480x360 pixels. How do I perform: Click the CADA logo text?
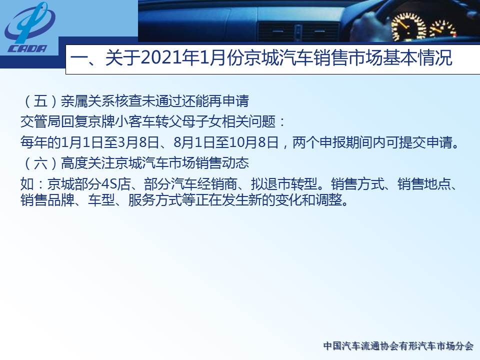click(27, 48)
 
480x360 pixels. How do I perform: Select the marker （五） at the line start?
click(40, 101)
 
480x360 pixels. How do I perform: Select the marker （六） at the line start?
click(40, 163)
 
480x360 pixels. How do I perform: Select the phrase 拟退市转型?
click(284, 183)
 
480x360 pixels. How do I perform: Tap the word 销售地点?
click(423, 183)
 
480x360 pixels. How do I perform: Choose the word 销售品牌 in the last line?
click(47, 200)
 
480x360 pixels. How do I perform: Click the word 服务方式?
click(154, 200)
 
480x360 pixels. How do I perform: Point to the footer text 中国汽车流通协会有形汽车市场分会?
click(398, 346)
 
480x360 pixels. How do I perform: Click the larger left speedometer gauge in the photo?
click(408, 27)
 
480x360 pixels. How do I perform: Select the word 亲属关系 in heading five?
click(87, 101)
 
